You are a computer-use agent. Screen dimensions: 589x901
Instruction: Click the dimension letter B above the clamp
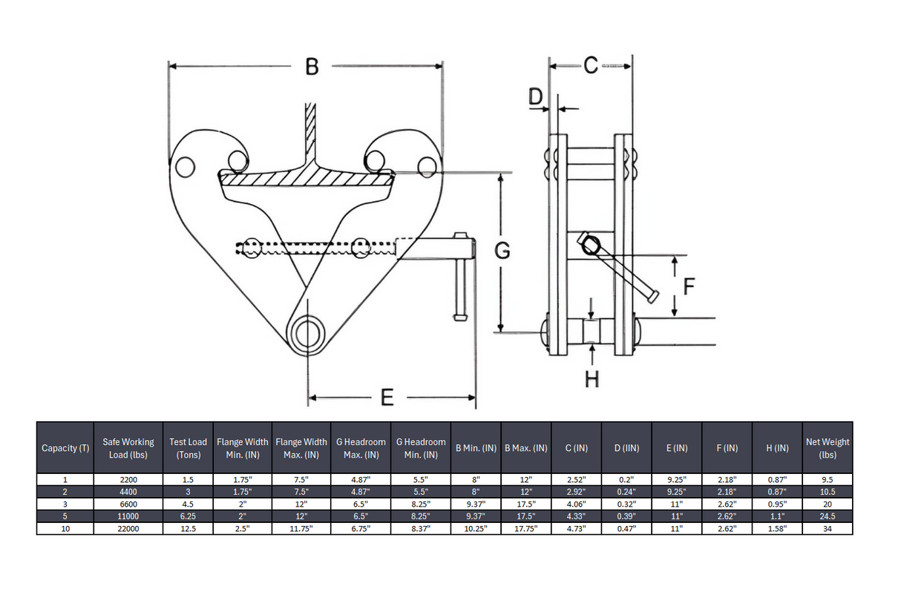312,68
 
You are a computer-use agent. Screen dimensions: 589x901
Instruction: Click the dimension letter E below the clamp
387,398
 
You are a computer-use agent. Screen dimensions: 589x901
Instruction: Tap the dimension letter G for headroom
502,252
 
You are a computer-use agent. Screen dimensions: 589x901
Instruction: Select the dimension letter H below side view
592,380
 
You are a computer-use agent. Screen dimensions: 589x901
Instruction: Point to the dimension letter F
688,286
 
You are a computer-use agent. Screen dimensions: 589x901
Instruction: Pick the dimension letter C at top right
590,66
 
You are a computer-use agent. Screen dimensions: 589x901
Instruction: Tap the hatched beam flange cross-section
306,178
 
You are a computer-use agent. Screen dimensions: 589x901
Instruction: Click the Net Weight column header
828,448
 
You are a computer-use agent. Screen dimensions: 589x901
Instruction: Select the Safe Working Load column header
128,448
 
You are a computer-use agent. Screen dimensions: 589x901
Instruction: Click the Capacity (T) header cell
65,448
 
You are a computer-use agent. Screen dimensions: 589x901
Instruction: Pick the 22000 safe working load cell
128,529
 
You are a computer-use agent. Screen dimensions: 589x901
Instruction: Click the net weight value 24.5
828,516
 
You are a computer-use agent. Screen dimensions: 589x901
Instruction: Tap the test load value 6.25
189,516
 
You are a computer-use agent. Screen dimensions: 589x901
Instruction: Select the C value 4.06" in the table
576,504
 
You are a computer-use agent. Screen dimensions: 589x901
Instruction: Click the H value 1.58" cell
777,529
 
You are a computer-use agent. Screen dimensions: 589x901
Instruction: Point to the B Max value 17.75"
525,529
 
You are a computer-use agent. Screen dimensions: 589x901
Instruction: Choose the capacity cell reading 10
65,529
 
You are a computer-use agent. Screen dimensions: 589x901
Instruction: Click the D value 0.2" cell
626,480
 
